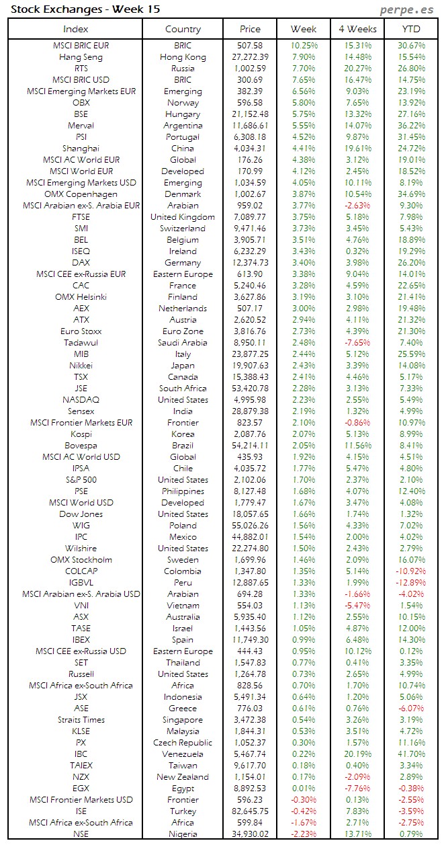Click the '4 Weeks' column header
click(357, 29)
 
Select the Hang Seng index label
click(81, 57)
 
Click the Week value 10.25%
click(304, 46)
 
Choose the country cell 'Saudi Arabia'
click(183, 343)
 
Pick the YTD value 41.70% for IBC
click(411, 754)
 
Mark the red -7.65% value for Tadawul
click(357, 343)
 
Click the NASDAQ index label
click(81, 400)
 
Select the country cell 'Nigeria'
click(183, 834)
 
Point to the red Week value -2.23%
click(304, 834)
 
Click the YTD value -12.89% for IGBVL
click(411, 583)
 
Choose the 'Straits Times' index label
click(81, 720)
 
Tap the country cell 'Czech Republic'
click(183, 743)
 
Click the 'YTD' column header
click(411, 29)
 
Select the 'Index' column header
click(75, 29)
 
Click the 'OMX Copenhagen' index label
click(81, 194)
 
